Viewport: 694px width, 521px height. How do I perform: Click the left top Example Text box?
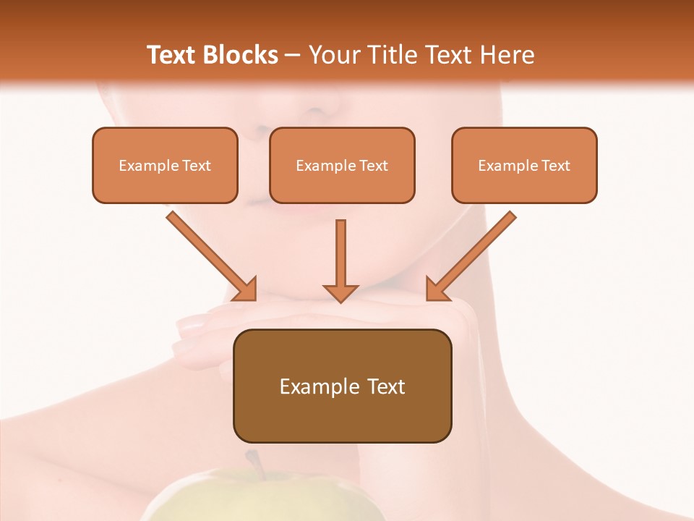165,165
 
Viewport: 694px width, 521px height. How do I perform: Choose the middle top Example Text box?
342,165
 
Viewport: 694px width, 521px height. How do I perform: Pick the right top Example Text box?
524,165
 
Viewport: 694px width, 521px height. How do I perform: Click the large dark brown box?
342,386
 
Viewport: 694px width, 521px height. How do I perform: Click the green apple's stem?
254,463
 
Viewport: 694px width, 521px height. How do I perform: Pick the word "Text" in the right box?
555,166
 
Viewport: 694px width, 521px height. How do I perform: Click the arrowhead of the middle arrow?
340,292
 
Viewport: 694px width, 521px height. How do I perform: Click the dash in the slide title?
293,56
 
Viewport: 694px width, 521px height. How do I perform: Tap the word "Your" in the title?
330,55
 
